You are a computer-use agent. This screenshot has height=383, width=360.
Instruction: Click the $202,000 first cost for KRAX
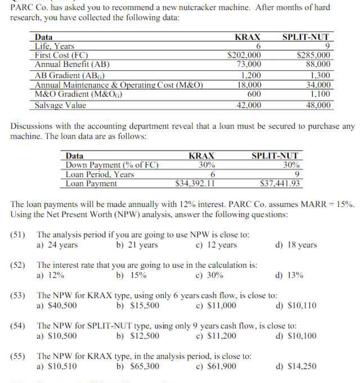pos(244,55)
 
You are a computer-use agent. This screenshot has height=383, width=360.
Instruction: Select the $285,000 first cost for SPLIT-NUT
pos(313,55)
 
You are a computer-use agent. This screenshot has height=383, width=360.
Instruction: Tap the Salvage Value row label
pos(60,105)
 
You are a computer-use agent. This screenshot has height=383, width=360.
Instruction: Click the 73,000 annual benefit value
pos(249,64)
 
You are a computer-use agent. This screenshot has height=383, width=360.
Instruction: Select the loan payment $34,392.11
pos(195,184)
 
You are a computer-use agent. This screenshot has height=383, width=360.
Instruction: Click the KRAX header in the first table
pos(247,37)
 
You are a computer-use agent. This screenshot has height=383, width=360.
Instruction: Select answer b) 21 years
pos(137,245)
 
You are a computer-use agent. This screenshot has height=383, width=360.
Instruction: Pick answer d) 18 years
pos(296,245)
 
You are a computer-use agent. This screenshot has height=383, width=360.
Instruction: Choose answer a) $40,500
pos(57,306)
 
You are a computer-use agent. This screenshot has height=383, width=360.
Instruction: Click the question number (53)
pos(18,295)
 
